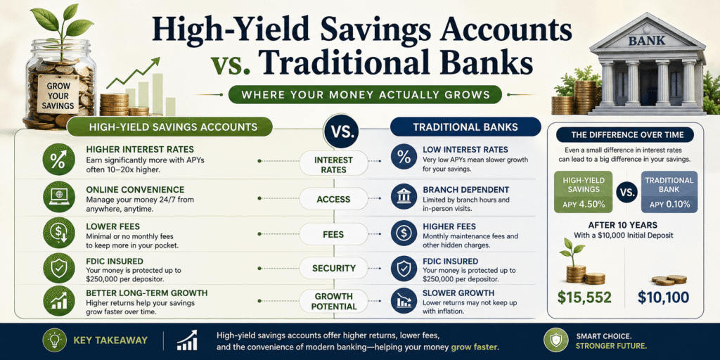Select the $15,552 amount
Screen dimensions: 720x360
coord(584,297)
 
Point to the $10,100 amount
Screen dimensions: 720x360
coord(664,297)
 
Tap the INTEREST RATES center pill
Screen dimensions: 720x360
coord(333,165)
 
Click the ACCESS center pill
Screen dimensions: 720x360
coord(333,199)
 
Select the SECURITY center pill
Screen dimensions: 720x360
coord(333,268)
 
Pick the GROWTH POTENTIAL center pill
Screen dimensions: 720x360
coord(333,301)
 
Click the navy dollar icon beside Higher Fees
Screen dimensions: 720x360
coord(404,233)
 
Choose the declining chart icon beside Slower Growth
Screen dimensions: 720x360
coord(404,301)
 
